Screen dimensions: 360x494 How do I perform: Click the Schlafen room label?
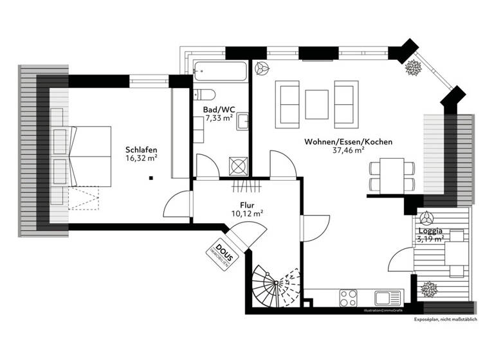pos(142,150)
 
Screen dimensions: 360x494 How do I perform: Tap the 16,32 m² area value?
pos(142,159)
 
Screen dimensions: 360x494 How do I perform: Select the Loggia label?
pos(430,230)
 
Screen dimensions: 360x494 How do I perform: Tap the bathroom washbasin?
pos(242,122)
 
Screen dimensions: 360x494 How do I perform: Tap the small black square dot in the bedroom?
pos(151,178)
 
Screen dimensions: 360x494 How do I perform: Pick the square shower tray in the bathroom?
pos(237,166)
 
